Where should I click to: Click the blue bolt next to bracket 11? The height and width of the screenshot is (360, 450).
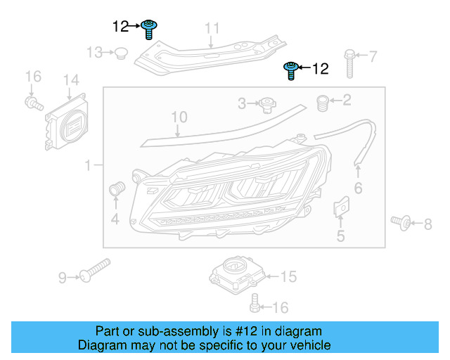tap(149, 29)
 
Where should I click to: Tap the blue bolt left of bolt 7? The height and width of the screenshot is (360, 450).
tap(290, 70)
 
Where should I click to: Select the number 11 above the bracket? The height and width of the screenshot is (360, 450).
tap(212, 28)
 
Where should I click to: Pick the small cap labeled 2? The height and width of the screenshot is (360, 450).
tap(324, 103)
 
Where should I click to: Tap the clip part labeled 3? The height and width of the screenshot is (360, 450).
tap(266, 105)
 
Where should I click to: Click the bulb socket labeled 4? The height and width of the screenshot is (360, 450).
tap(117, 188)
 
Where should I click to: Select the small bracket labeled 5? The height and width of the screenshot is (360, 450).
tap(340, 207)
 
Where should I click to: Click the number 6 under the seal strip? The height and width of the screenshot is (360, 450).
tap(358, 188)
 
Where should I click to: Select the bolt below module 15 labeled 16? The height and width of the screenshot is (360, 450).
tap(255, 304)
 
